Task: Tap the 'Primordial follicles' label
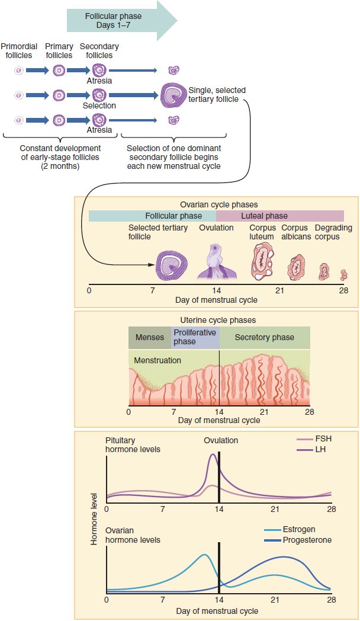click(x=19, y=51)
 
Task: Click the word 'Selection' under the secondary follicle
click(x=99, y=105)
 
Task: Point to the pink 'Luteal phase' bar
click(x=279, y=216)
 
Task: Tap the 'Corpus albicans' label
click(x=295, y=232)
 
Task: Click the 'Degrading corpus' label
click(x=333, y=232)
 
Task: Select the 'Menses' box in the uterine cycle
click(x=150, y=338)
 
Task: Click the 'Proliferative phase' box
click(x=195, y=337)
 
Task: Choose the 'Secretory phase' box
click(x=264, y=338)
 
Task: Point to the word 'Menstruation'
click(x=157, y=360)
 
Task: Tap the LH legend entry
click(x=320, y=450)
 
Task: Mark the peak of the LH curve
click(x=213, y=455)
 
